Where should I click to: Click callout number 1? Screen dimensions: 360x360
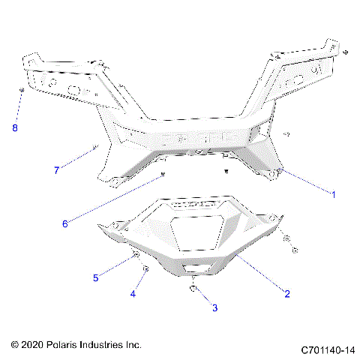click(x=333, y=193)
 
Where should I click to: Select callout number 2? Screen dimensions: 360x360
click(x=286, y=294)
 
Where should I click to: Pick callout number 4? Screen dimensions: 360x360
click(x=133, y=294)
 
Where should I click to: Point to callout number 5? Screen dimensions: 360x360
click(x=95, y=278)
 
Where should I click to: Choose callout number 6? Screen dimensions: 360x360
click(x=64, y=223)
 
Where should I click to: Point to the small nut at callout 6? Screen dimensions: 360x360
click(x=162, y=175)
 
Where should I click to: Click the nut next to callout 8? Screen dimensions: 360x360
click(x=22, y=91)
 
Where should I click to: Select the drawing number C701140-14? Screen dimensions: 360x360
click(x=327, y=349)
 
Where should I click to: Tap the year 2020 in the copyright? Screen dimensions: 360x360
click(x=33, y=345)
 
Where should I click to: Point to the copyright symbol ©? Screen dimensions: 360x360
click(x=15, y=345)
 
